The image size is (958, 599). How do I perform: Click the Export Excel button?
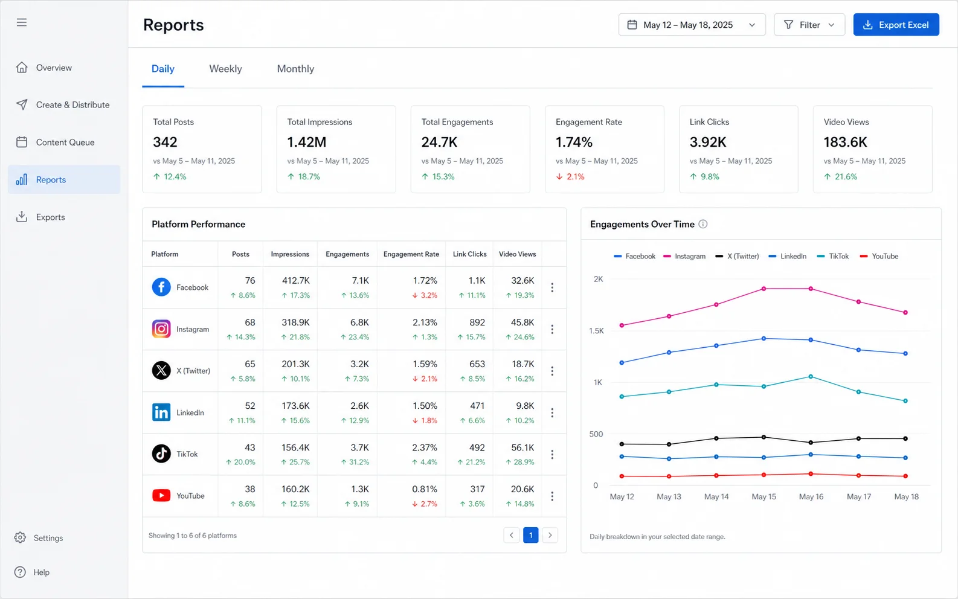click(x=896, y=25)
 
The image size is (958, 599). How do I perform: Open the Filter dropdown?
click(x=809, y=25)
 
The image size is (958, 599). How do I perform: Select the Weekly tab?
click(x=225, y=69)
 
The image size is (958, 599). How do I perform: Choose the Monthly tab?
click(x=295, y=69)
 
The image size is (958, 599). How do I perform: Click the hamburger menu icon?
click(x=22, y=22)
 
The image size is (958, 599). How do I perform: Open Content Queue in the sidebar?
click(x=65, y=143)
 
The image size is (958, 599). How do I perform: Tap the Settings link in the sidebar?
click(x=48, y=538)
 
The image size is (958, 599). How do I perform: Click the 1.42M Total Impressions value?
click(x=307, y=142)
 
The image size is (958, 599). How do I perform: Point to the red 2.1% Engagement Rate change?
click(x=570, y=176)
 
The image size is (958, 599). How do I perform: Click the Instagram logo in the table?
click(x=161, y=329)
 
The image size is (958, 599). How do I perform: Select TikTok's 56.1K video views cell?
click(x=522, y=447)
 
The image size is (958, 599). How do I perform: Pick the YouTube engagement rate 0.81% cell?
click(x=424, y=489)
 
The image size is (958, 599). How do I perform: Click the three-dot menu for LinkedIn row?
click(x=552, y=412)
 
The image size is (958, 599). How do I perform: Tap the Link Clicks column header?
click(x=469, y=254)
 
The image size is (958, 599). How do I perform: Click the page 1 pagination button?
click(x=531, y=535)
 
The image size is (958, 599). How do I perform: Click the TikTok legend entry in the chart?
click(x=833, y=257)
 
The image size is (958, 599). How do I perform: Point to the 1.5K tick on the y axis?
click(x=596, y=331)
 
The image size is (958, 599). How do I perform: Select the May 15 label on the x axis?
click(x=764, y=497)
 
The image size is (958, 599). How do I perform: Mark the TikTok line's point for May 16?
click(x=811, y=377)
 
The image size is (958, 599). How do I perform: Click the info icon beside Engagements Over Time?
click(x=703, y=224)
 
